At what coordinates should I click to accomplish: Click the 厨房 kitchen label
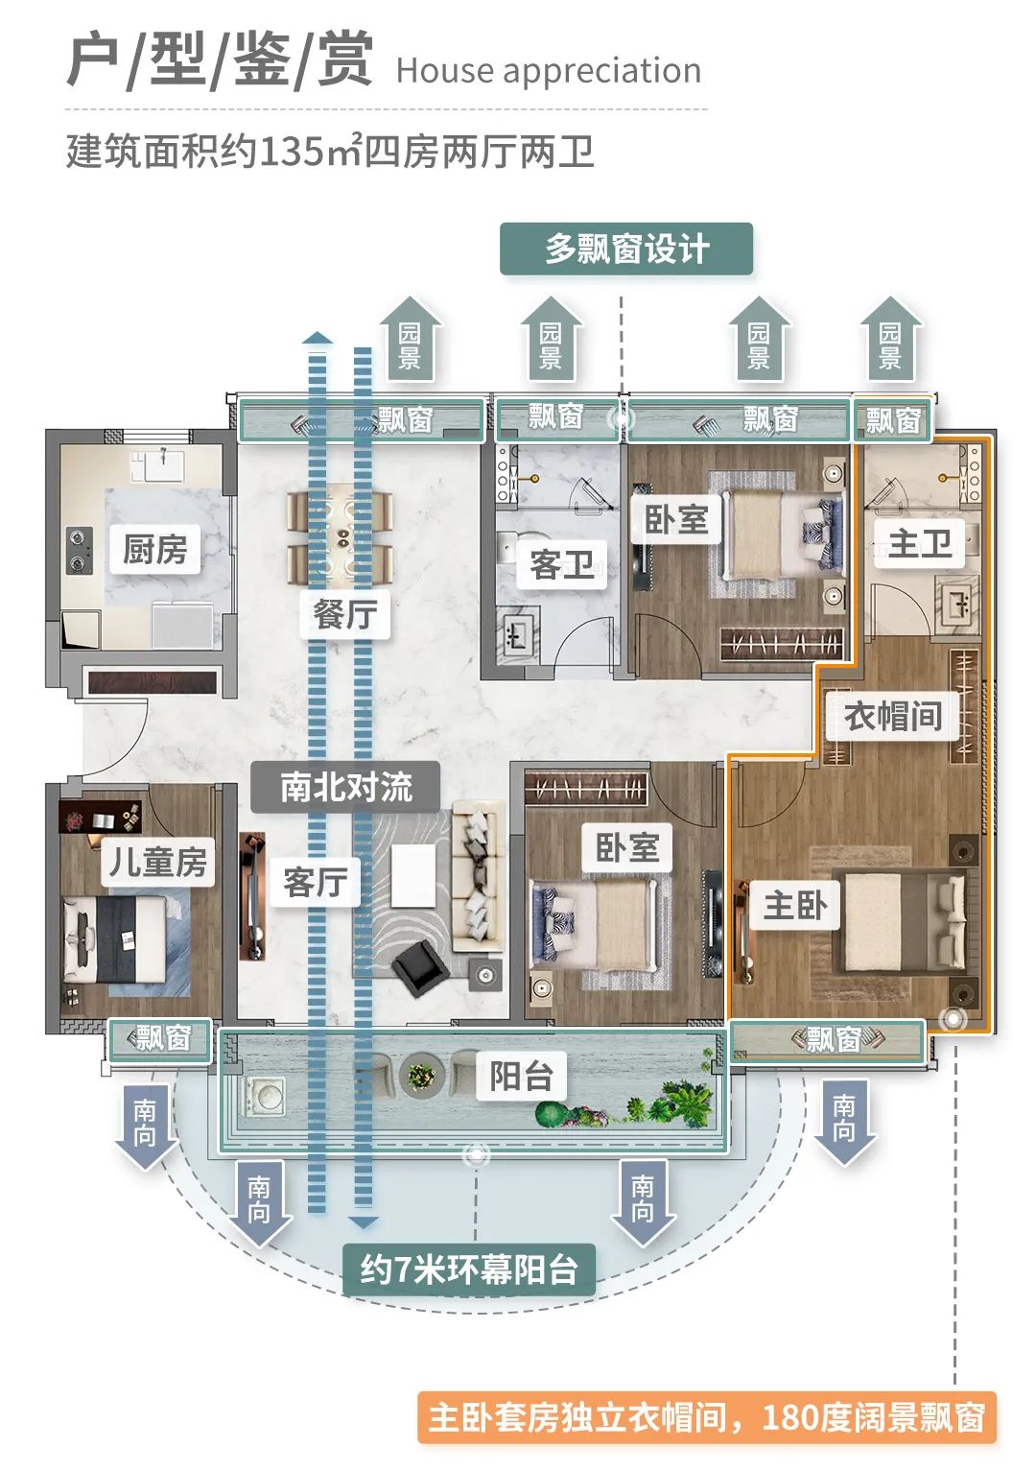154,549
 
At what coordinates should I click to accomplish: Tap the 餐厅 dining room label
344,614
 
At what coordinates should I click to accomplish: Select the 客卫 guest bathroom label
561,563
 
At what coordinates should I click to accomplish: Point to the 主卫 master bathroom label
919,544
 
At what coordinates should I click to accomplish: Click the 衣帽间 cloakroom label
892,716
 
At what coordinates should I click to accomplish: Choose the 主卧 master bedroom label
794,905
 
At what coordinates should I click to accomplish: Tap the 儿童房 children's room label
157,862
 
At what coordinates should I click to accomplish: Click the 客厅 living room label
315,882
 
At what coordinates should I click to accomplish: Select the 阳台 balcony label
521,1076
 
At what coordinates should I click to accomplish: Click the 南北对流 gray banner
345,787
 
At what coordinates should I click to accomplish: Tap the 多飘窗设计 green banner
626,249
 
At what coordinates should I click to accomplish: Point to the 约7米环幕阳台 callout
469,1269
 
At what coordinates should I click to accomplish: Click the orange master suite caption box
706,1417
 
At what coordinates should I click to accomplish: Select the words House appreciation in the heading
548,71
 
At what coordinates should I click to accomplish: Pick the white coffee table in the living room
413,874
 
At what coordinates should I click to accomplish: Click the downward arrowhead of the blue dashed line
363,1222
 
